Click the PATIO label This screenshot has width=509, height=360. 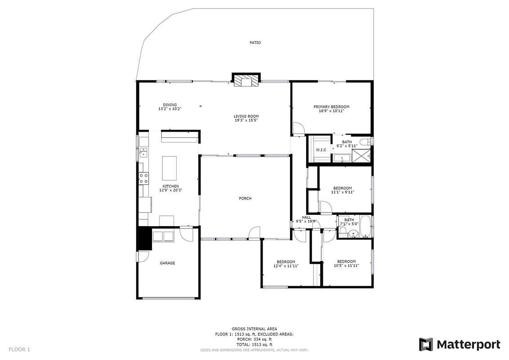pyautogui.click(x=255, y=43)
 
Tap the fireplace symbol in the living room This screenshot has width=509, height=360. pyautogui.click(x=246, y=80)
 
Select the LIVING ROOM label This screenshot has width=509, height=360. pyautogui.click(x=246, y=116)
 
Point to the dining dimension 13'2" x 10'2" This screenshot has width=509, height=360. pyautogui.click(x=170, y=109)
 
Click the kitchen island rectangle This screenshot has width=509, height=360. pyautogui.click(x=170, y=169)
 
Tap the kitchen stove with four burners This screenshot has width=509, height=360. pyautogui.click(x=144, y=178)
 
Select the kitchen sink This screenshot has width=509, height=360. pyautogui.click(x=143, y=152)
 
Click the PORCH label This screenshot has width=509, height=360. pyautogui.click(x=245, y=199)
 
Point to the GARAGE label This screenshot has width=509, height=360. pyautogui.click(x=168, y=263)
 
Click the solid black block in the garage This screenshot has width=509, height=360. pyautogui.click(x=145, y=238)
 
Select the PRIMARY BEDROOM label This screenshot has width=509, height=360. pyautogui.click(x=331, y=107)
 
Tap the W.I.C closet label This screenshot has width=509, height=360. pyautogui.click(x=321, y=150)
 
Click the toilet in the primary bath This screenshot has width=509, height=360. pyautogui.click(x=365, y=142)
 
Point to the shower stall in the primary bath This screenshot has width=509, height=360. pyautogui.click(x=361, y=156)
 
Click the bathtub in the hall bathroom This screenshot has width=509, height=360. pyautogui.click(x=365, y=226)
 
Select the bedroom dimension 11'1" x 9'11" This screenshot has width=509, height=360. pyautogui.click(x=343, y=192)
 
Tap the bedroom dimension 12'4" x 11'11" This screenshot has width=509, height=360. pyautogui.click(x=286, y=266)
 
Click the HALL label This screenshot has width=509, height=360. pyautogui.click(x=307, y=217)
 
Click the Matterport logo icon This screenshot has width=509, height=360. pyautogui.click(x=426, y=344)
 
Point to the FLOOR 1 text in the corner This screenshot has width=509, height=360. pyautogui.click(x=19, y=349)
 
